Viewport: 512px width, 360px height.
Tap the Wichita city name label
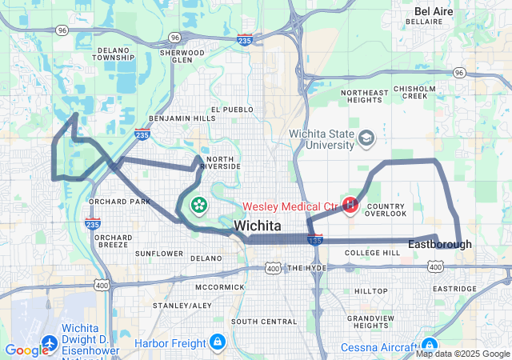pyautogui.click(x=257, y=226)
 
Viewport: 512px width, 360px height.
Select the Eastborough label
pyautogui.click(x=439, y=244)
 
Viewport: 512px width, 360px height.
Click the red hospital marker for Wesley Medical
pyautogui.click(x=350, y=206)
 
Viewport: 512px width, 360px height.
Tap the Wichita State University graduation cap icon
pyautogui.click(x=367, y=138)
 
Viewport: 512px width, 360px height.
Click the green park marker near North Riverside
pyautogui.click(x=198, y=206)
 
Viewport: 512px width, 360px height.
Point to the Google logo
pyautogui.click(x=26, y=350)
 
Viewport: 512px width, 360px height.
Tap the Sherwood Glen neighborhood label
pyautogui.click(x=182, y=56)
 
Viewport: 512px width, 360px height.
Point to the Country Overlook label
pyautogui.click(x=386, y=210)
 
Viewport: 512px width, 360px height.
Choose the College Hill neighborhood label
pyautogui.click(x=372, y=253)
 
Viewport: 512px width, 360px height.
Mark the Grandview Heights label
pyautogui.click(x=370, y=322)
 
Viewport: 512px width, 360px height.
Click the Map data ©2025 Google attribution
pyautogui.click(x=463, y=354)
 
